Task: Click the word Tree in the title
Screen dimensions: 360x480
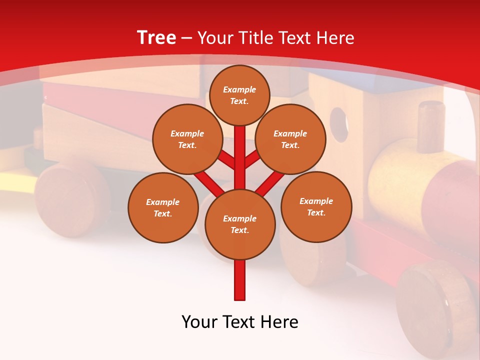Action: pos(156,38)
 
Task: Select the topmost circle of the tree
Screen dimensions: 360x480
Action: pos(239,95)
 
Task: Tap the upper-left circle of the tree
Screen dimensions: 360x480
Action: pos(187,139)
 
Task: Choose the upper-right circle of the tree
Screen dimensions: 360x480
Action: pos(290,139)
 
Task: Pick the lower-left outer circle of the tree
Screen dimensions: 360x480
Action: pos(162,207)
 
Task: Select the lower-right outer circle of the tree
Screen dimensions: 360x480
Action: pos(316,206)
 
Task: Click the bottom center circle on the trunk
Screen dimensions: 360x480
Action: pos(239,224)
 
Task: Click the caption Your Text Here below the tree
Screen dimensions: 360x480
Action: pos(239,322)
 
